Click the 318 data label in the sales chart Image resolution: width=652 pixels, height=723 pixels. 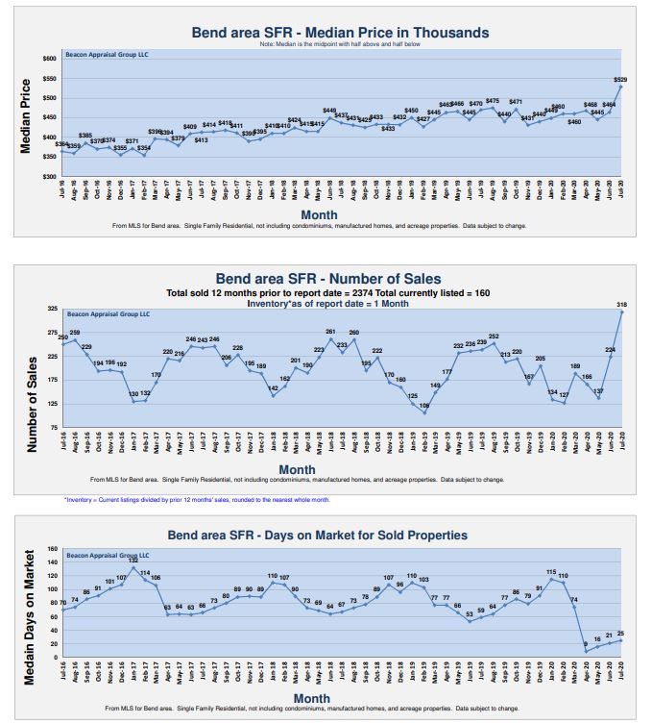point(621,304)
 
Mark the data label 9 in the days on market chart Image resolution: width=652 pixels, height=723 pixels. point(585,644)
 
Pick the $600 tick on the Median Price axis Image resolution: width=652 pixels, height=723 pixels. point(48,59)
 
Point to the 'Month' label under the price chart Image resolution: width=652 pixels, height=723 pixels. point(319,213)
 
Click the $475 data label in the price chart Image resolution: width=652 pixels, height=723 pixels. point(493,101)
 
